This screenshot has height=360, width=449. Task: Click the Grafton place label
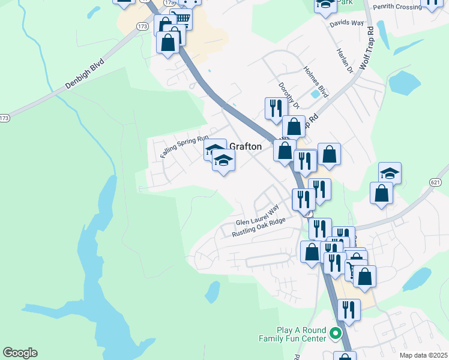[246, 146]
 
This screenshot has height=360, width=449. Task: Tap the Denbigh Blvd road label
[85, 74]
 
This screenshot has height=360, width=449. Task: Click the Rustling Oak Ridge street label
[259, 227]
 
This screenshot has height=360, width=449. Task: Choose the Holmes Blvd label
[316, 82]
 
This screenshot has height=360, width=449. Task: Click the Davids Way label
[347, 23]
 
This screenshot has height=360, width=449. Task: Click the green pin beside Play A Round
[336, 332]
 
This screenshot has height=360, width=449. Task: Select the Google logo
[20, 353]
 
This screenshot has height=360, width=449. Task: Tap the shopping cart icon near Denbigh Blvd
[181, 19]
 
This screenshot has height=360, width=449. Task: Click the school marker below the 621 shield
[390, 173]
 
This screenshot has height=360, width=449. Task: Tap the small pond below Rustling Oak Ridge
[212, 292]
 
